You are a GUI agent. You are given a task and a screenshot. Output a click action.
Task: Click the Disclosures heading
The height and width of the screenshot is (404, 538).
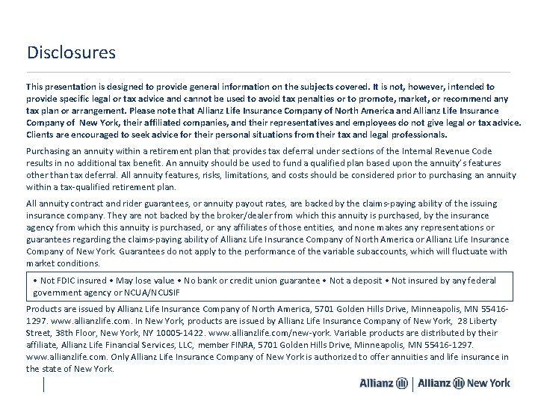coord(71,53)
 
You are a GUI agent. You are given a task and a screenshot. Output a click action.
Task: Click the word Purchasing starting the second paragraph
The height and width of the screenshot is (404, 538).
coord(49,150)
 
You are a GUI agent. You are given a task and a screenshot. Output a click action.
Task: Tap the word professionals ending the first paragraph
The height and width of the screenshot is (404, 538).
coord(416,135)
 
